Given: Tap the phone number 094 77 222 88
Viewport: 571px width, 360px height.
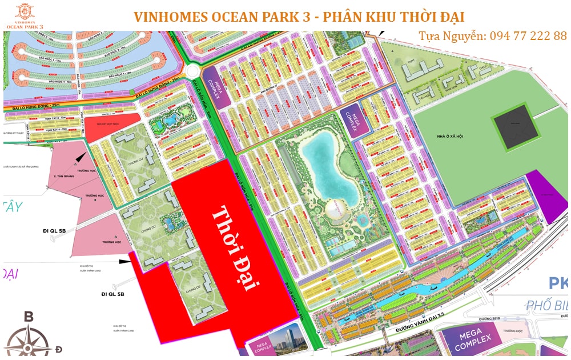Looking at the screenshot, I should click(526, 36).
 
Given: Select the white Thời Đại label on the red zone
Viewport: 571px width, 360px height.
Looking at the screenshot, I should click(234, 249).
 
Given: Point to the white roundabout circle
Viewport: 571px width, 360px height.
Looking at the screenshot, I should click(192, 71).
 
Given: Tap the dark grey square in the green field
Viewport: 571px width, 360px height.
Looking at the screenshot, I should click(516, 123).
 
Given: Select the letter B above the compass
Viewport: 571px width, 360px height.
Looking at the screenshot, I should click(29, 316).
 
